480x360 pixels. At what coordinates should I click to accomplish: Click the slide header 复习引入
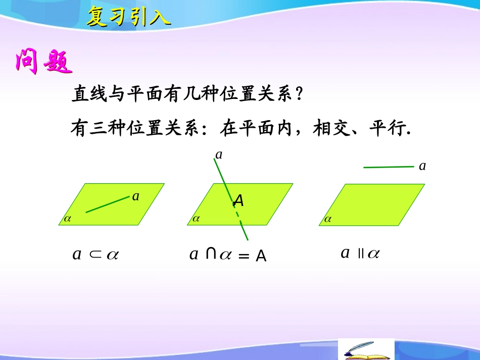[129, 17]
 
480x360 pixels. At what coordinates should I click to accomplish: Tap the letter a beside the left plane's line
[135, 196]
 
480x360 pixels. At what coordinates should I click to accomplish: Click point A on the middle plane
[238, 201]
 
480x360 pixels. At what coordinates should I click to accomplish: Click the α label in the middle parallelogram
[196, 219]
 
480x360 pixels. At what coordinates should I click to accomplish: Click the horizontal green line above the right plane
[389, 166]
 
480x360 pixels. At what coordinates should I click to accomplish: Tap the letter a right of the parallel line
[422, 166]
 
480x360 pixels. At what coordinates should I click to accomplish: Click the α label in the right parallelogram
[328, 219]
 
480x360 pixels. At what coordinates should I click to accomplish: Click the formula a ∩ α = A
[228, 255]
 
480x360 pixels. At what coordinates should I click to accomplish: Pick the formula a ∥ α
[360, 253]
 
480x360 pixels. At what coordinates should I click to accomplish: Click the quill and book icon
[365, 350]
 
